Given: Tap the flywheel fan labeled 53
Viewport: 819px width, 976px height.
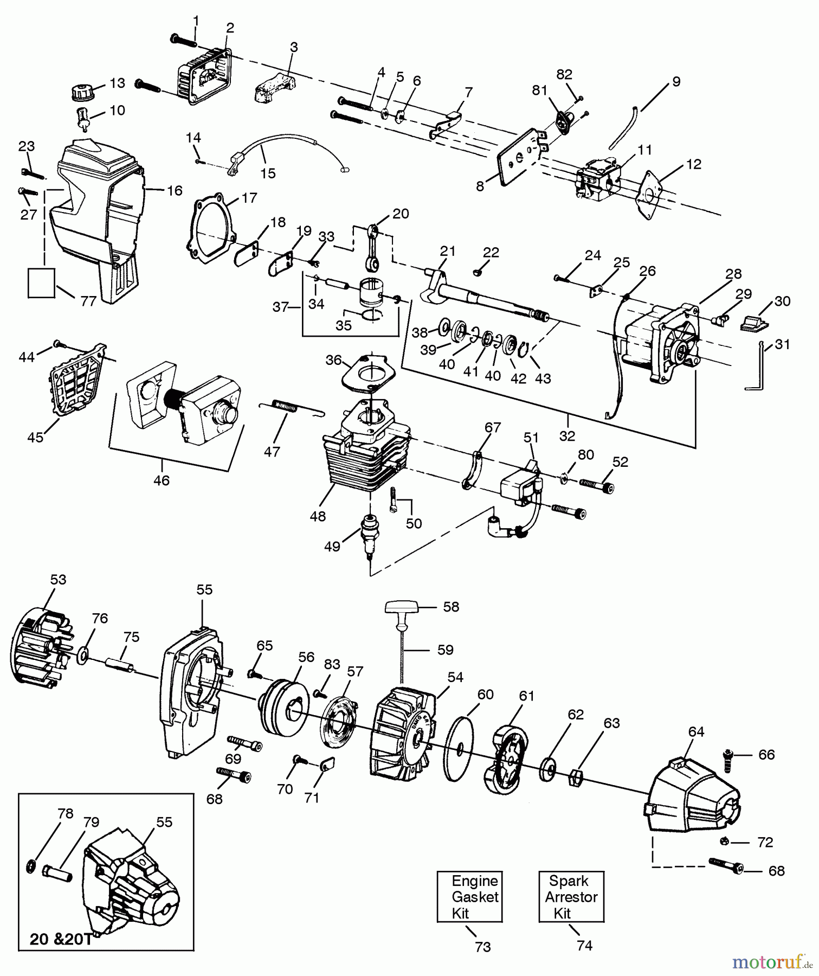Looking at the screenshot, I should click(41, 648).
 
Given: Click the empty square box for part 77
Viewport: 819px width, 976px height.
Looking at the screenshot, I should click(41, 282).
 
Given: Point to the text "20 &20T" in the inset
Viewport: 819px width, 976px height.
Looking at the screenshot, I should click(61, 939).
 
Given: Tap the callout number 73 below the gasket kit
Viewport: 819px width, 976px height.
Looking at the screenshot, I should click(482, 946).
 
